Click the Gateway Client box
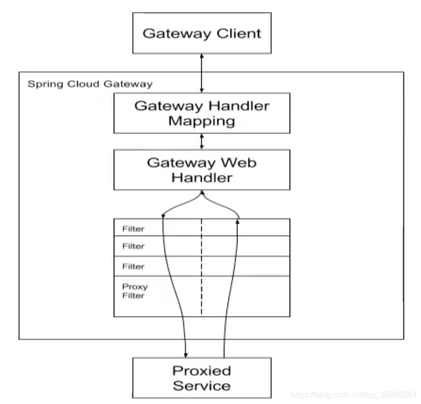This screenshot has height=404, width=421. pos(202,33)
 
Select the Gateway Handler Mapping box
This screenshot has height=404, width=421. pos(202,113)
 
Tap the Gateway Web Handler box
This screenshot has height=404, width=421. pos(202,170)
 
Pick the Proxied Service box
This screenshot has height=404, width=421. pos(202,378)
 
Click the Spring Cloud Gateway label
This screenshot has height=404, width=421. pos(90,84)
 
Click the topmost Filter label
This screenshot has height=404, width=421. pos(133,228)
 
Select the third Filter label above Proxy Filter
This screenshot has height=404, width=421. pos(133,266)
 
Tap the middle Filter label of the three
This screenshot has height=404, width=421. pos(133,247)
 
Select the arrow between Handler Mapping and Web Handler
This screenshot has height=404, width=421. pos(202,140)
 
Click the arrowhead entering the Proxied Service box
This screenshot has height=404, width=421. pos(185,354)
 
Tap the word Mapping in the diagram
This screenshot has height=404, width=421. pos(202,122)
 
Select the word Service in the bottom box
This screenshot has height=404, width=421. pos(202,385)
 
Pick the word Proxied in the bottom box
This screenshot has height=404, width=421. pos(202,370)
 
